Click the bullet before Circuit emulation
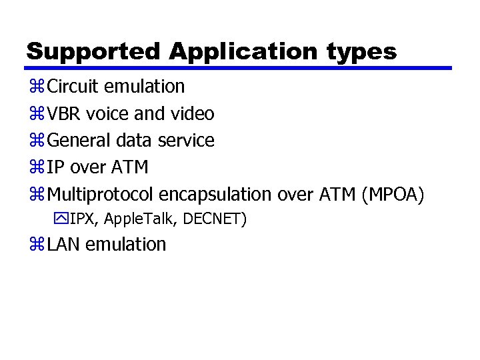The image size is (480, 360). [35, 87]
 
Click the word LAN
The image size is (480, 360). [65, 244]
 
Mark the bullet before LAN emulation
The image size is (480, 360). [35, 244]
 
